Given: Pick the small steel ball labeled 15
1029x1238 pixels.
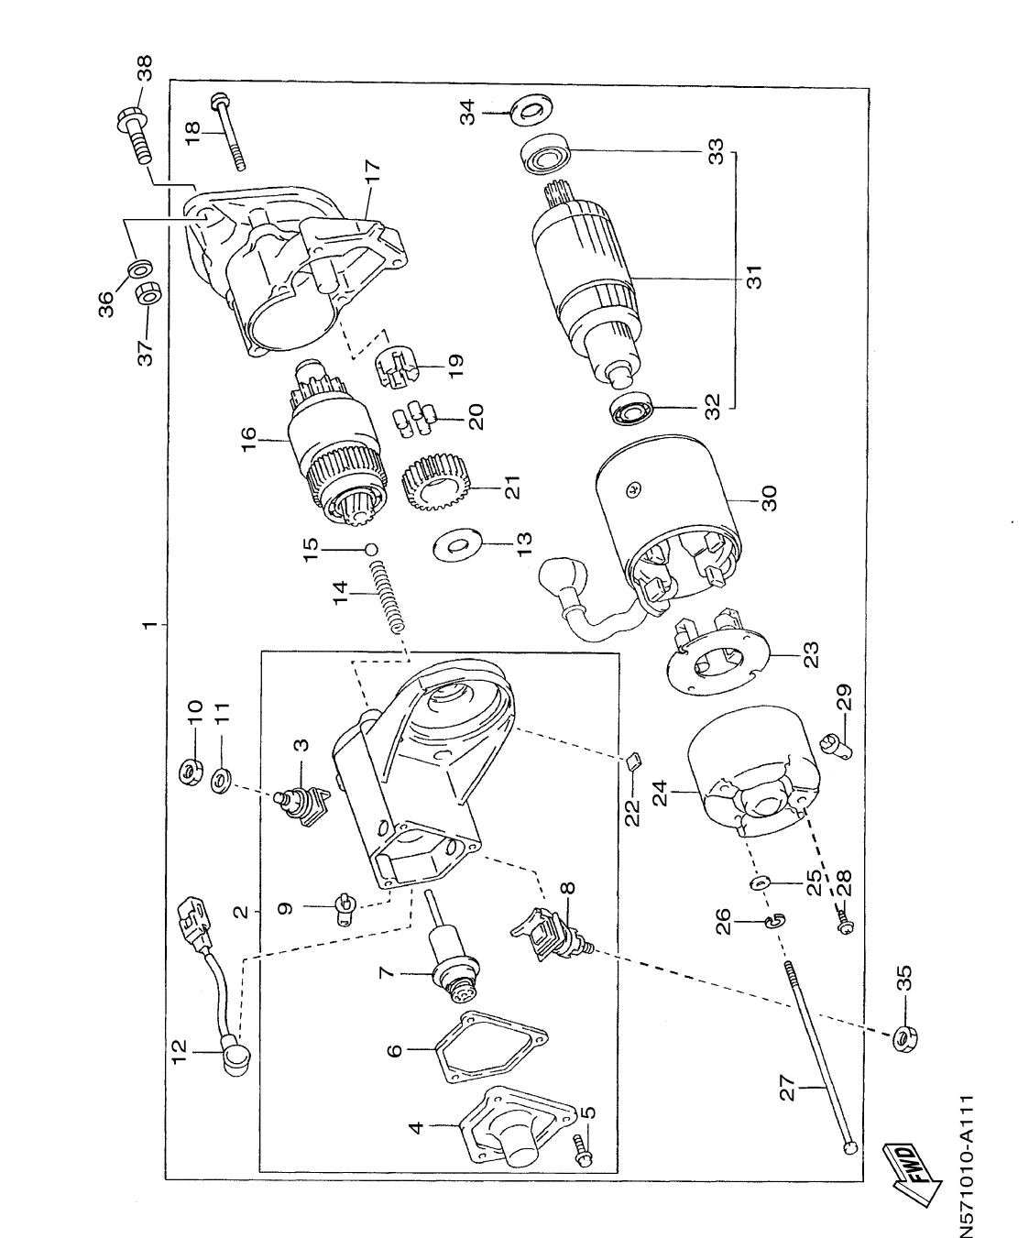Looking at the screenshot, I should pos(371,549).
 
